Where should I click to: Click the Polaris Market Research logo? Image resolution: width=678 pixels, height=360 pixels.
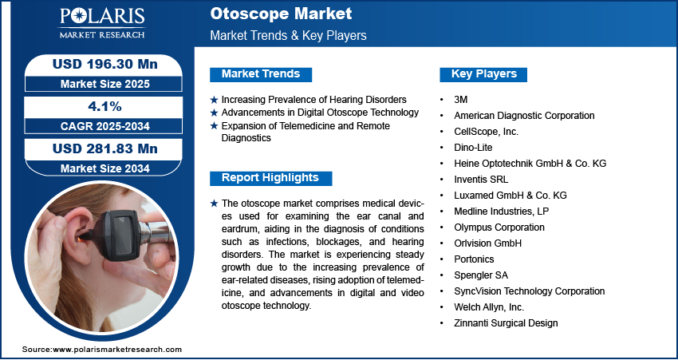click(102, 23)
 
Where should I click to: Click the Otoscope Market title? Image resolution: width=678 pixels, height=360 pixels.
click(281, 14)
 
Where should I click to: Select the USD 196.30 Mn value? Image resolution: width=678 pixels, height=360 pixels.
click(105, 64)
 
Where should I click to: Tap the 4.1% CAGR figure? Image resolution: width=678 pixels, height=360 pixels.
click(104, 106)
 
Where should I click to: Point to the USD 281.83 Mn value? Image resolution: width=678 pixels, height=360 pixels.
click(105, 148)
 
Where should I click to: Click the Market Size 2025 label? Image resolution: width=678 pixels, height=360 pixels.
click(105, 84)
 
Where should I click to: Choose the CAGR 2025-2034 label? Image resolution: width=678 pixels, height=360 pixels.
click(105, 126)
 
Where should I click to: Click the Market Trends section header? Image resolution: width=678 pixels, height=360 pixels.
click(261, 74)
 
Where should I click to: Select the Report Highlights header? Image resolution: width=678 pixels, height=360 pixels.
click(270, 178)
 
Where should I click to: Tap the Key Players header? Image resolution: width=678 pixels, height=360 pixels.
click(484, 74)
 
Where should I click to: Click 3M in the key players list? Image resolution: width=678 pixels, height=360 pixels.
click(461, 100)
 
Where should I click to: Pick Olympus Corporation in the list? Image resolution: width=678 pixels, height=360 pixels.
click(499, 227)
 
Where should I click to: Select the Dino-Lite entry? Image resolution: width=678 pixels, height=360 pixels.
click(473, 148)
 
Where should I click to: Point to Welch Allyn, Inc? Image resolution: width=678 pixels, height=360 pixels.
click(489, 307)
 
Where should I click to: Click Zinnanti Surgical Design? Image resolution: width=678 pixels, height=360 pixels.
click(506, 323)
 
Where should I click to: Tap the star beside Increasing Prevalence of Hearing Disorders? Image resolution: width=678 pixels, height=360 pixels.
click(214, 100)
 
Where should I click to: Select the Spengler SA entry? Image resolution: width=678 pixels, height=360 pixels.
click(481, 275)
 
